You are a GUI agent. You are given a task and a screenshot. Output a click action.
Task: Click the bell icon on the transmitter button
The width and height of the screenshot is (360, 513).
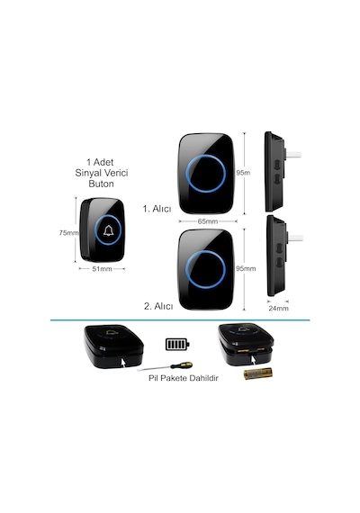pos(108,230)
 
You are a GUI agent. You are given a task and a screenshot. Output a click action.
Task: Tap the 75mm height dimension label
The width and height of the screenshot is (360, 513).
pos(68,233)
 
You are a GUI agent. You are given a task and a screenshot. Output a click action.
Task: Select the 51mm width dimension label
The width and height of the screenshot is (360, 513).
pos(102,269)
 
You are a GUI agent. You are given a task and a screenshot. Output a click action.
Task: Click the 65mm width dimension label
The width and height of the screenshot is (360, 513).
pos(208,221)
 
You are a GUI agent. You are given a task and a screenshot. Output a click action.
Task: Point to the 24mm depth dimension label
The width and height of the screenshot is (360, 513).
pos(278,308)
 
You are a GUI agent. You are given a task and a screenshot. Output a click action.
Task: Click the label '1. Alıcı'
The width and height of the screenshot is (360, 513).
pos(157,209)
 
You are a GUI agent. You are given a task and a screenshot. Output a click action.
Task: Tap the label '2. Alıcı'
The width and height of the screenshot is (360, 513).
pos(158,306)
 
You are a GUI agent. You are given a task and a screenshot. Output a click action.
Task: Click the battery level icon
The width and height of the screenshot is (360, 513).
pos(177,344)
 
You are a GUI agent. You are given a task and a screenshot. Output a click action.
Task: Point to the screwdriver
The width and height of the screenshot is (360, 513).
pos(165,367)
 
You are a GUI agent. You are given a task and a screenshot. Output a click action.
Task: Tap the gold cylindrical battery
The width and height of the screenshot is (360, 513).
pos(258,373)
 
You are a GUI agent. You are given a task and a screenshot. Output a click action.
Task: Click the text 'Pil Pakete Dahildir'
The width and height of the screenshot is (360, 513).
pos(184,378)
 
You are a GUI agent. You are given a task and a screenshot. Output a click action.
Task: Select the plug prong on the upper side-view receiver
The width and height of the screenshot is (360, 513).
pos(293,155)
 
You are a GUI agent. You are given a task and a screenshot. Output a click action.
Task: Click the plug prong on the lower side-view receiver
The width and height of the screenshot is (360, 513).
pos(295,238)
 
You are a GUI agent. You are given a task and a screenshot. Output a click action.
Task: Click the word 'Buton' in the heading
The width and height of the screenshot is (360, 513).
pos(101,184)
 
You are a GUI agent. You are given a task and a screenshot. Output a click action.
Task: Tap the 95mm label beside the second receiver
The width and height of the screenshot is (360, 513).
pos(246,268)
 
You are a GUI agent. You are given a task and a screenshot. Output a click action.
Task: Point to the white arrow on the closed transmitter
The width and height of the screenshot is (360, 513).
pos(123,363)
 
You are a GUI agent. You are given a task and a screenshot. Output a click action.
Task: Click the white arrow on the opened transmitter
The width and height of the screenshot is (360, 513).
pos(254,360)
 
